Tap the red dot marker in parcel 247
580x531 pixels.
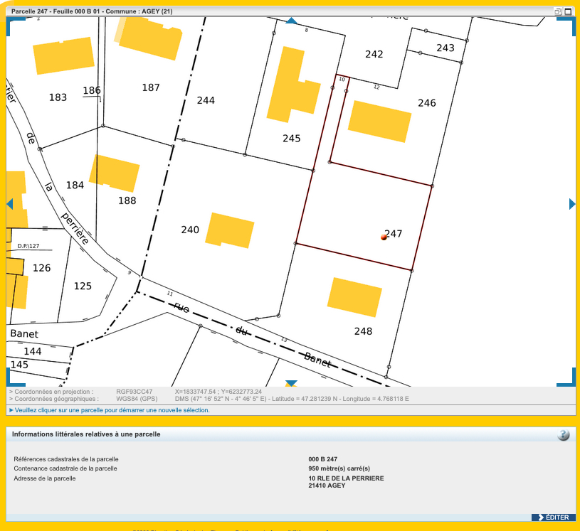click(x=384, y=237)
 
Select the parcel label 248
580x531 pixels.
click(x=363, y=331)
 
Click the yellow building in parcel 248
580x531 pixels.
click(x=354, y=297)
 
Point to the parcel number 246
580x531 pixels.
click(x=427, y=103)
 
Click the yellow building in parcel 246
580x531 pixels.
click(x=379, y=121)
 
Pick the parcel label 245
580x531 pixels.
click(x=292, y=139)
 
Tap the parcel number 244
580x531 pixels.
click(x=206, y=100)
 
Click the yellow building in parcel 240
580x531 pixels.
click(x=230, y=230)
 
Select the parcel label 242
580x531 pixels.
click(x=374, y=54)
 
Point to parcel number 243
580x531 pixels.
click(x=445, y=48)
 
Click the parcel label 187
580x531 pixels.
click(x=151, y=87)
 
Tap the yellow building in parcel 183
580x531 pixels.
click(x=63, y=55)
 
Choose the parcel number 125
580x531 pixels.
click(x=83, y=286)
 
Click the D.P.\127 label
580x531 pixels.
click(x=28, y=246)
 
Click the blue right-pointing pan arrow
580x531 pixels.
click(x=572, y=204)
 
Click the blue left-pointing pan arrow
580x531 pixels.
click(x=10, y=204)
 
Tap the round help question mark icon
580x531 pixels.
click(x=564, y=435)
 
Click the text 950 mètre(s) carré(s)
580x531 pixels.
click(x=339, y=468)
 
